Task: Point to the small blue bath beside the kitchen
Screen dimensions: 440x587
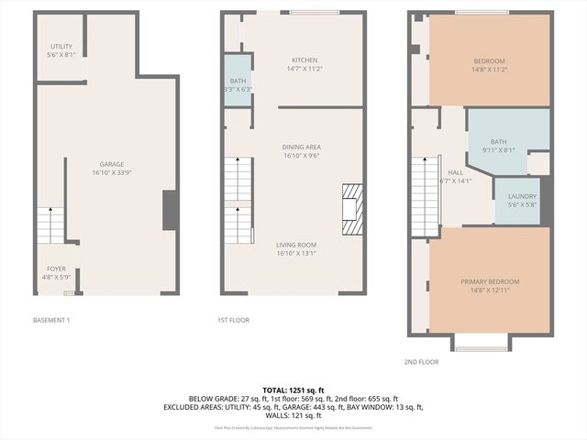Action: tap(238, 81)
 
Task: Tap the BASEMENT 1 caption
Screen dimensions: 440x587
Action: tap(50, 320)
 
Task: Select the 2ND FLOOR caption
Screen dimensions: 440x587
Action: tap(422, 362)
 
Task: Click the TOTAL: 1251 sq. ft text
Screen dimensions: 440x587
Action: tap(293, 390)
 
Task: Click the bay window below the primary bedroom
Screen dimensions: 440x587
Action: tap(482, 342)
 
